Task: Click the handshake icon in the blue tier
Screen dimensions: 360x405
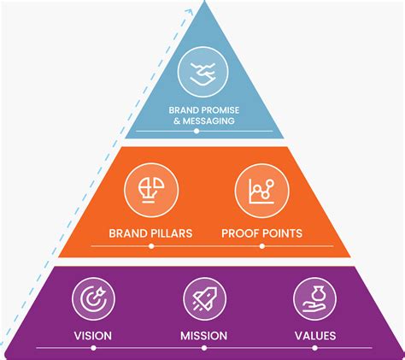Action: [x=202, y=71]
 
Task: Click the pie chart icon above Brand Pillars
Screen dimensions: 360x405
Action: [x=145, y=191]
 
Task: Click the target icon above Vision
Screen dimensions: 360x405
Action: [x=93, y=300]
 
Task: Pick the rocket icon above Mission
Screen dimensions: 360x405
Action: [x=203, y=300]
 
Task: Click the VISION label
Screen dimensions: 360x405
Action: [x=93, y=335]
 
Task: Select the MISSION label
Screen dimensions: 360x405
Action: [x=203, y=335]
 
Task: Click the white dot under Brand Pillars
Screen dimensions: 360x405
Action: [x=151, y=246]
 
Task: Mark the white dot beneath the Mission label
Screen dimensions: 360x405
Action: [x=203, y=349]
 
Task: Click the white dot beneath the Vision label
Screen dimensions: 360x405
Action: [x=93, y=349]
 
